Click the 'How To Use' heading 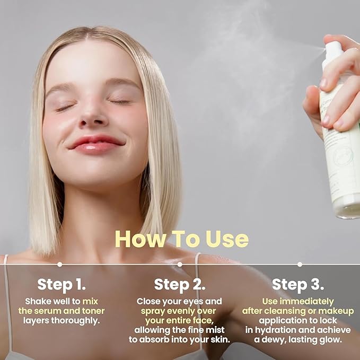tap(181, 239)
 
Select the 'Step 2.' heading tap(180, 284)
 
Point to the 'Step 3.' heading tap(298, 284)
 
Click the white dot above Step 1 tap(59, 264)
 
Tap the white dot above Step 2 tap(180, 264)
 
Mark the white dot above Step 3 tap(300, 264)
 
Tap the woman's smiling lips tap(96, 144)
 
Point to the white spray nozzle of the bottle tap(333, 51)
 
